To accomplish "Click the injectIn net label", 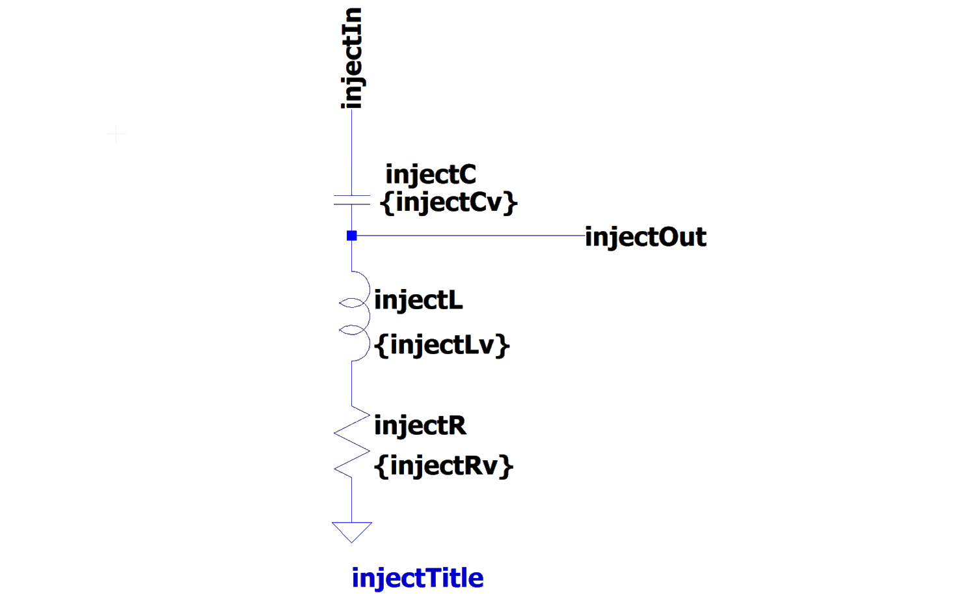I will point(352,59).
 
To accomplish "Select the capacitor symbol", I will point(352,200).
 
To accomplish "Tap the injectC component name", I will point(431,175).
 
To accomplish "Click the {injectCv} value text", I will point(450,202).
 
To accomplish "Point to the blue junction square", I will point(352,236).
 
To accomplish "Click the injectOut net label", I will point(645,237).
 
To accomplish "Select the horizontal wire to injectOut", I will point(468,236).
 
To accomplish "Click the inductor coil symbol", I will point(355,316).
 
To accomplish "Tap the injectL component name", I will point(419,301).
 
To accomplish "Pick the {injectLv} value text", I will point(442,344).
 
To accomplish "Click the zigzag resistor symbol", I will point(352,441).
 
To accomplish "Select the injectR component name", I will point(420,426).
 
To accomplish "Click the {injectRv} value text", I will point(444,466).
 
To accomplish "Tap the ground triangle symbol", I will point(352,530).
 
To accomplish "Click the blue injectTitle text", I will point(417,578).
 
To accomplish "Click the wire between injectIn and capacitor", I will point(352,153).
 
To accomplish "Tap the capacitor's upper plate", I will point(352,195).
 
